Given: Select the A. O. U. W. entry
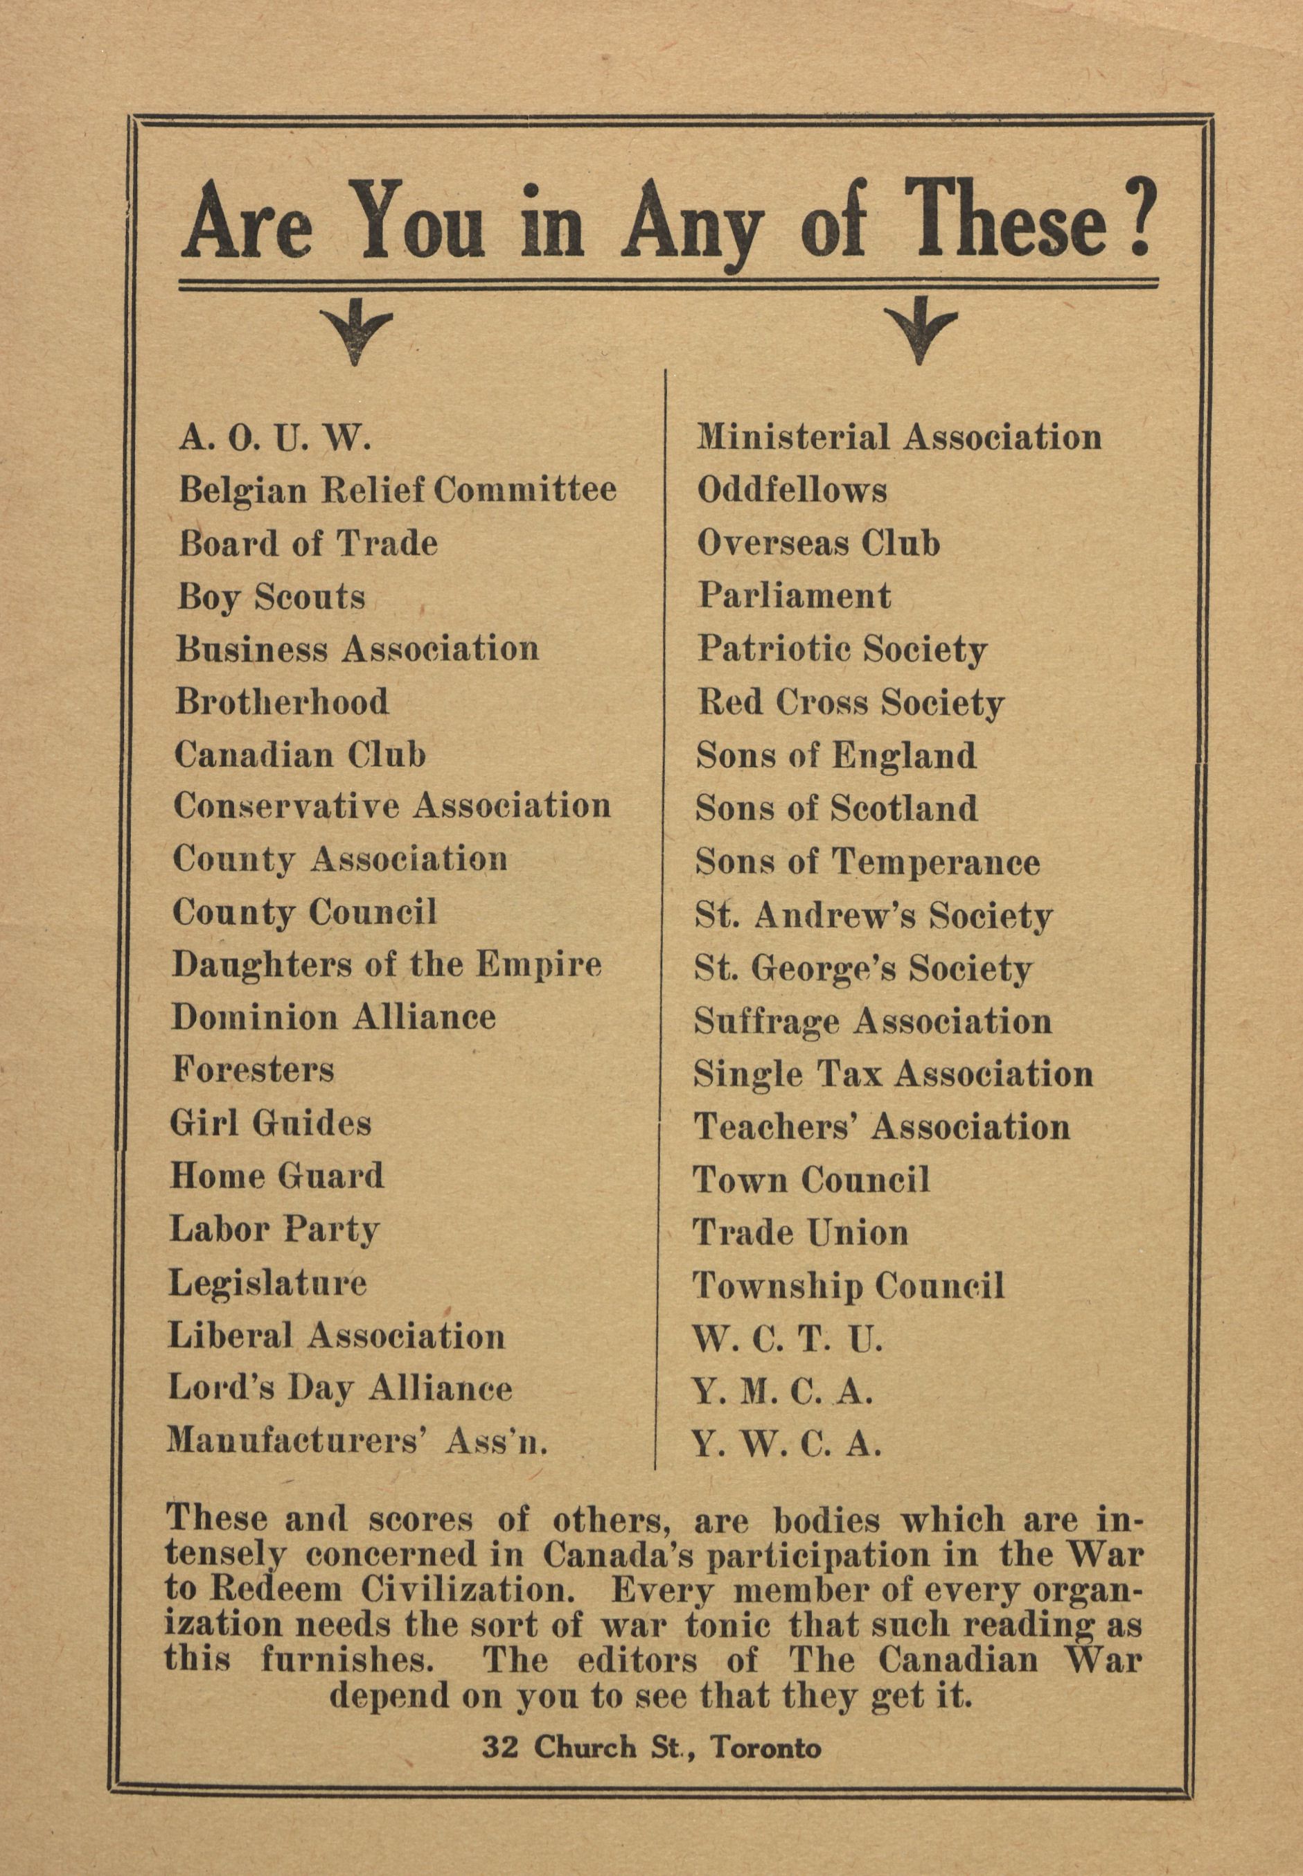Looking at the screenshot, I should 275,440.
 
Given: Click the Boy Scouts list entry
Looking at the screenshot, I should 271,598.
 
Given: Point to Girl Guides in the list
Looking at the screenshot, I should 270,1124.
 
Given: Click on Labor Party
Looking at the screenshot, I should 274,1230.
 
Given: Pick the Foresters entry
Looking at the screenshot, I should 253,1070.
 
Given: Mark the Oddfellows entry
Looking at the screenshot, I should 791,490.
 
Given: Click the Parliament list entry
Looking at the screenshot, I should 794,596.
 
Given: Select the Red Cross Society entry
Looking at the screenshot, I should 850,703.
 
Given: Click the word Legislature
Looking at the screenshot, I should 267,1283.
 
